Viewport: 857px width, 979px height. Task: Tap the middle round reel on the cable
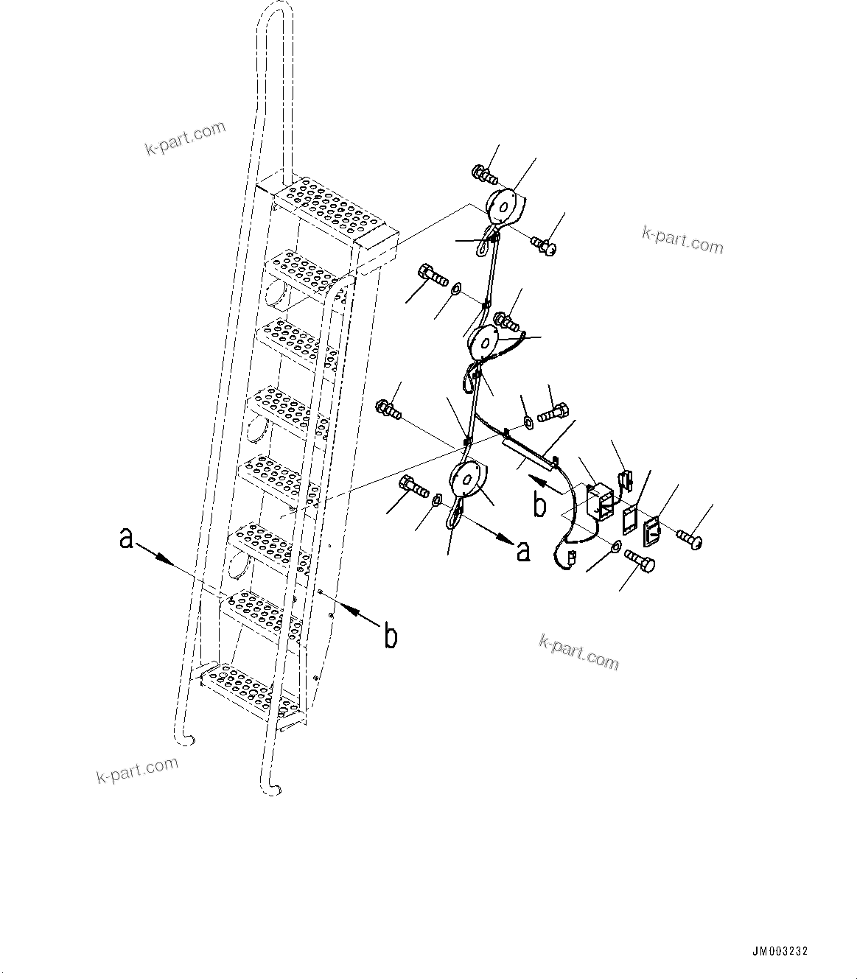point(486,343)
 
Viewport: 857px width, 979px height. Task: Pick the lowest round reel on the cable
point(466,479)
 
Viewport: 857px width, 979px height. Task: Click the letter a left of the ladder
point(127,539)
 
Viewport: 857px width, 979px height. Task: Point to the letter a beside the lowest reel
point(522,550)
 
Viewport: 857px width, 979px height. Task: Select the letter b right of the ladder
point(391,635)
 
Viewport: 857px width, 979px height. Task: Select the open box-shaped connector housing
point(601,501)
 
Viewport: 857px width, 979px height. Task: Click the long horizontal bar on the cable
point(529,451)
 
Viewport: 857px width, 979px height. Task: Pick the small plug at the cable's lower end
point(565,559)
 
